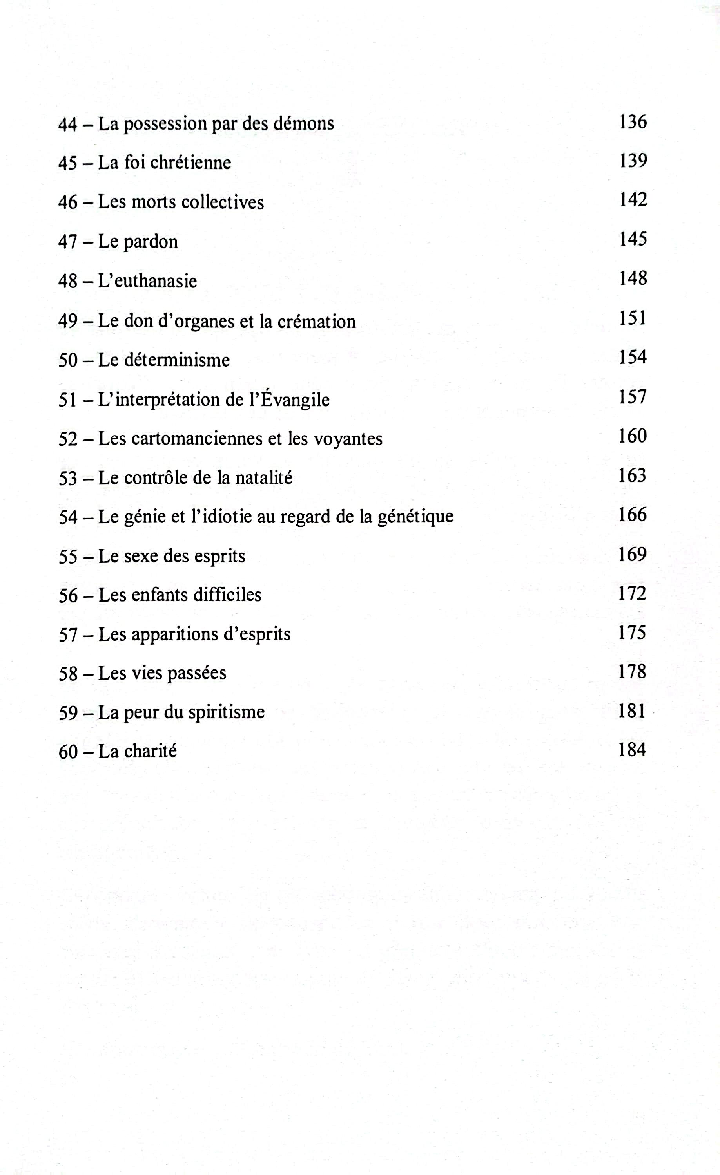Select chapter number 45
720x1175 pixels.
pos(68,163)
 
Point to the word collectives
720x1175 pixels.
pos(222,202)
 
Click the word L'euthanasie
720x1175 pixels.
pos(147,281)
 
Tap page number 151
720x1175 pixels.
pos(633,318)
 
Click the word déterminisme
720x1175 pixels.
pos(176,360)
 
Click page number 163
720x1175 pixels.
pos(632,475)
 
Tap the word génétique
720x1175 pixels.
pos(415,517)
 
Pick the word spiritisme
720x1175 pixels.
pos(226,712)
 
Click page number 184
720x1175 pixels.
pos(632,750)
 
